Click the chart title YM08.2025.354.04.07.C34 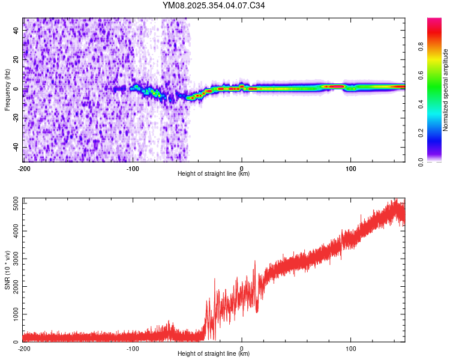pyautogui.click(x=214, y=6)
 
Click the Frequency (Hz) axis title pyautogui.click(x=7, y=90)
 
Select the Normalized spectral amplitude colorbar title pyautogui.click(x=445, y=90)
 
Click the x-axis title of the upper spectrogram pyautogui.click(x=214, y=174)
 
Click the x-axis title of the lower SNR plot pyautogui.click(x=214, y=354)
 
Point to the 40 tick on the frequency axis pyautogui.click(x=16, y=29)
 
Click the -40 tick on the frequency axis pyautogui.click(x=15, y=148)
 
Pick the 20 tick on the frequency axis pyautogui.click(x=16, y=59)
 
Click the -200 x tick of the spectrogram pyautogui.click(x=24, y=169)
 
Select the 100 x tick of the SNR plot pyautogui.click(x=350, y=349)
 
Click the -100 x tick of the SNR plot pyautogui.click(x=133, y=349)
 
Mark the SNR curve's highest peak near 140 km pyautogui.click(x=395, y=200)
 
